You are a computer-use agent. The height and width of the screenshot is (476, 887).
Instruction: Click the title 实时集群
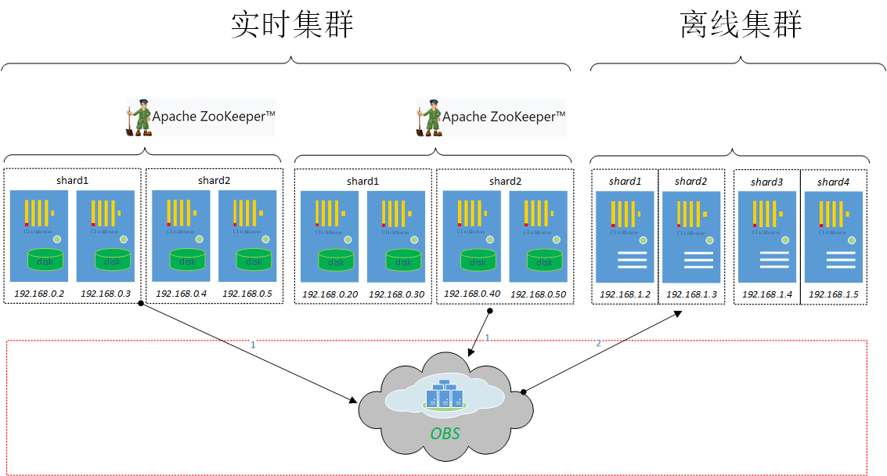coord(292,25)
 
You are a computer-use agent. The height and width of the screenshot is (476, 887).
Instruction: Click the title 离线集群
coord(741,25)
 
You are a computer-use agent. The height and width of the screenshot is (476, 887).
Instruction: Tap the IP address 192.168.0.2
coord(38,294)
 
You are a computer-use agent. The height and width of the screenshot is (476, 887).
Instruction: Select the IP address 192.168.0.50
coord(538,294)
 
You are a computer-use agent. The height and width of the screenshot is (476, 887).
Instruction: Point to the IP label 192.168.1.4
coord(767,294)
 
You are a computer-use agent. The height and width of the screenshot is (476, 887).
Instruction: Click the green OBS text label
coord(445,434)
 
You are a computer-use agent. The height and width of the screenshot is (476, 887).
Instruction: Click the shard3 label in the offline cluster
coord(766,182)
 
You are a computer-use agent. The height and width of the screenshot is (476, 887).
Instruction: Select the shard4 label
coord(833,182)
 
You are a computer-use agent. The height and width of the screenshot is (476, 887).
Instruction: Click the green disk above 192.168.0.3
coord(112,260)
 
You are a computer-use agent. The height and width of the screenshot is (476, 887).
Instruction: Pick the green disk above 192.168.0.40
coord(478,261)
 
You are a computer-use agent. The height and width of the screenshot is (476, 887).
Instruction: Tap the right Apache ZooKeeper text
coord(503,117)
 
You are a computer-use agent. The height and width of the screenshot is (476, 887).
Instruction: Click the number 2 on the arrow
coord(599,343)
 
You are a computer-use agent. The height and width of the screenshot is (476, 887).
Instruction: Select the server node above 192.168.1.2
coord(625,236)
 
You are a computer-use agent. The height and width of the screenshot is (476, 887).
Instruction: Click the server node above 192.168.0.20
coord(329,236)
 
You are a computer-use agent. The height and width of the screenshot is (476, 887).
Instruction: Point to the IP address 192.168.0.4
coord(181,294)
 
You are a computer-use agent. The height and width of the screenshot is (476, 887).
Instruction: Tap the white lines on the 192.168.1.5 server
coord(833,261)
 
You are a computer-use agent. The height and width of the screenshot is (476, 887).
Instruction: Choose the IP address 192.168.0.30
coord(396,294)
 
